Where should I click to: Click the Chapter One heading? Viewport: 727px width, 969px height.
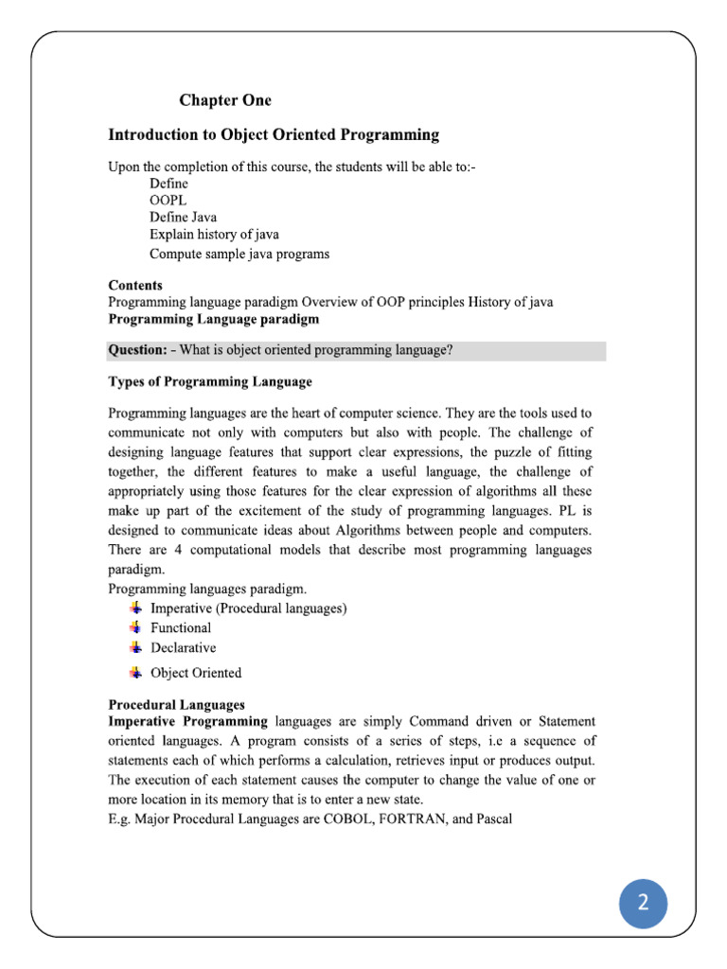coord(225,100)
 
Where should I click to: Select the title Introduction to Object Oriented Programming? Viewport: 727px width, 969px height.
coord(274,135)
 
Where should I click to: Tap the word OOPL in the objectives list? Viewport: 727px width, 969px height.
coord(168,201)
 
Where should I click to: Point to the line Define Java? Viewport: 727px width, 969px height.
coord(184,218)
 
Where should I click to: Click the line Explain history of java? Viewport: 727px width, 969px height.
coord(214,235)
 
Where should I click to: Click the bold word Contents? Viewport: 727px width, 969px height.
coord(135,285)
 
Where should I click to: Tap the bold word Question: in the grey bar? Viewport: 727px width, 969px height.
coord(138,351)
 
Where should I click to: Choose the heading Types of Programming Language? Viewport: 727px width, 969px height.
coord(210,382)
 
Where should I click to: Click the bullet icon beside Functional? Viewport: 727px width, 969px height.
coord(136,627)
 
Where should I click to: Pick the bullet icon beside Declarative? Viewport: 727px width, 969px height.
coord(136,648)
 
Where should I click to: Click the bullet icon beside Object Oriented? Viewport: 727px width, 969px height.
coord(136,673)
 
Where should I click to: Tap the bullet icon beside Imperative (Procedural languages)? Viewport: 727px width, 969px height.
coord(136,608)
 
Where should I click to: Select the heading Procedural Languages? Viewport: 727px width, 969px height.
coord(177,705)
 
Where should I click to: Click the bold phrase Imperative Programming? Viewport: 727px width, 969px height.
coord(188,722)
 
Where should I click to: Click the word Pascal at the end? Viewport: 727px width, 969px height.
coord(491,819)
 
